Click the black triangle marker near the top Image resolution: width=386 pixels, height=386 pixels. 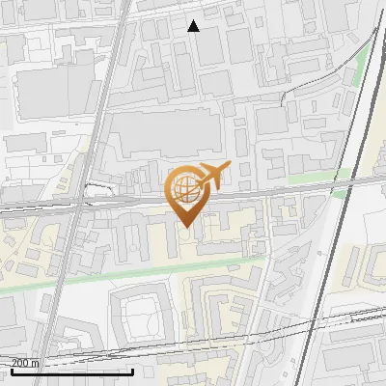tap(194, 26)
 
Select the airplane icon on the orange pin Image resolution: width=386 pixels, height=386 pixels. tap(212, 176)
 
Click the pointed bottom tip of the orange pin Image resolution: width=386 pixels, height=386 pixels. tap(186, 227)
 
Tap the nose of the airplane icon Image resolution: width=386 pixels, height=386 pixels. tap(229, 166)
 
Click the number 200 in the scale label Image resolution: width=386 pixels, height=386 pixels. tap(21, 364)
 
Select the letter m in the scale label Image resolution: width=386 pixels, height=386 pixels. tap(36, 364)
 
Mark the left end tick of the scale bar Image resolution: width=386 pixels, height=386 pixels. tap(12, 370)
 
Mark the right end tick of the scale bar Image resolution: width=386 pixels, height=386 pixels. tap(132, 370)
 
